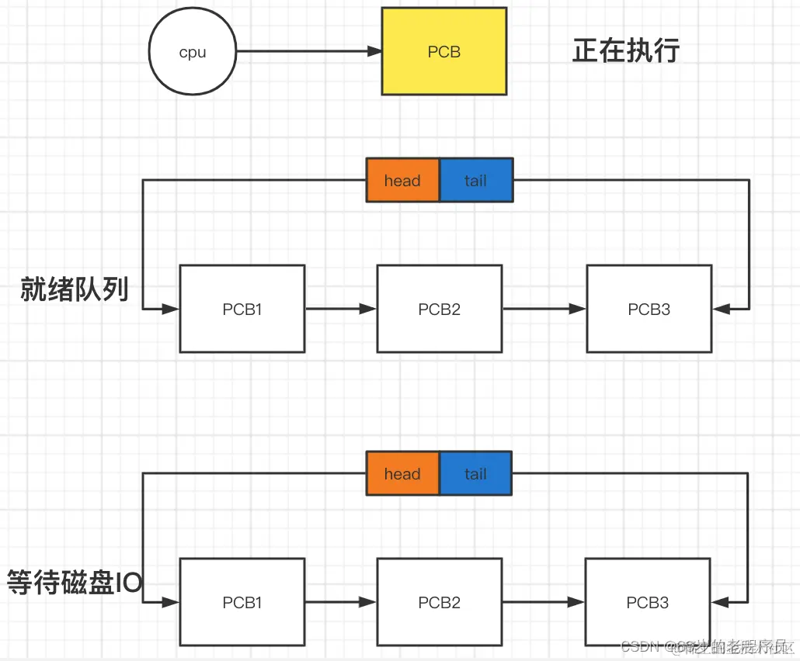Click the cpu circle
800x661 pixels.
(x=192, y=52)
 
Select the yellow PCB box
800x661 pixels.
(x=443, y=51)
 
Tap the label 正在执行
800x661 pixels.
(x=626, y=51)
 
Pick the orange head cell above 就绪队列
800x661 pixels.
(x=402, y=181)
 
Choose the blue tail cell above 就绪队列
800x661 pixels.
(x=475, y=181)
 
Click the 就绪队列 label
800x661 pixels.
(x=75, y=291)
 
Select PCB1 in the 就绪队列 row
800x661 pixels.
(x=242, y=309)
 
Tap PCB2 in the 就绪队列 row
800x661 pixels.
(x=439, y=309)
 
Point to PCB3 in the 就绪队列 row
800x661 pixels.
(x=649, y=309)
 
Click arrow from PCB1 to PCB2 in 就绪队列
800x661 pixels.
(x=340, y=309)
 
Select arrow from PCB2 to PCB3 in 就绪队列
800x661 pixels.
(x=544, y=309)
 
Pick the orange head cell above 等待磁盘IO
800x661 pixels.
(x=402, y=474)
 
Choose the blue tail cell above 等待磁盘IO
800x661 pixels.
(x=475, y=474)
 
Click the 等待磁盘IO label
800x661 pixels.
(x=75, y=583)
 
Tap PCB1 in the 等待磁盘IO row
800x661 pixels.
(x=242, y=602)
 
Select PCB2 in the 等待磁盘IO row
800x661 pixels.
(x=439, y=602)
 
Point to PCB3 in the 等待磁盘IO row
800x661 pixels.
(x=647, y=602)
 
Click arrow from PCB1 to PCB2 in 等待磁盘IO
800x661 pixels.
(x=340, y=602)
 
